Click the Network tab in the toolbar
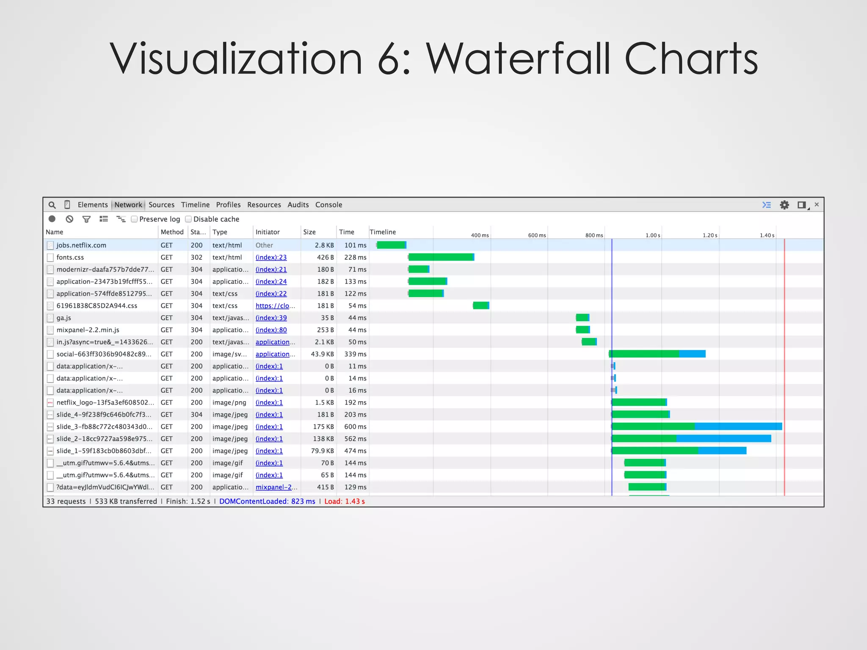[128, 205]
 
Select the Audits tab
[298, 205]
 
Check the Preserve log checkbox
[134, 219]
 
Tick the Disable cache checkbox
[188, 219]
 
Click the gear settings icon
[784, 205]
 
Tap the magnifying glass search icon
[52, 205]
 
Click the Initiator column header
[268, 232]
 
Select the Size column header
[309, 232]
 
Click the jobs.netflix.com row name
[81, 245]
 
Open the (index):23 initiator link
[271, 257]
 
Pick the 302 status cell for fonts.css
[196, 257]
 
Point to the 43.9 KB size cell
[322, 354]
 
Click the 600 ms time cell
[355, 427]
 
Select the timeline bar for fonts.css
[441, 257]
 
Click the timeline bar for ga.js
[583, 318]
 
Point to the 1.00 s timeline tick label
[652, 235]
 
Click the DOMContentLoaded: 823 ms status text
[267, 501]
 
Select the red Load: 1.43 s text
[344, 501]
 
